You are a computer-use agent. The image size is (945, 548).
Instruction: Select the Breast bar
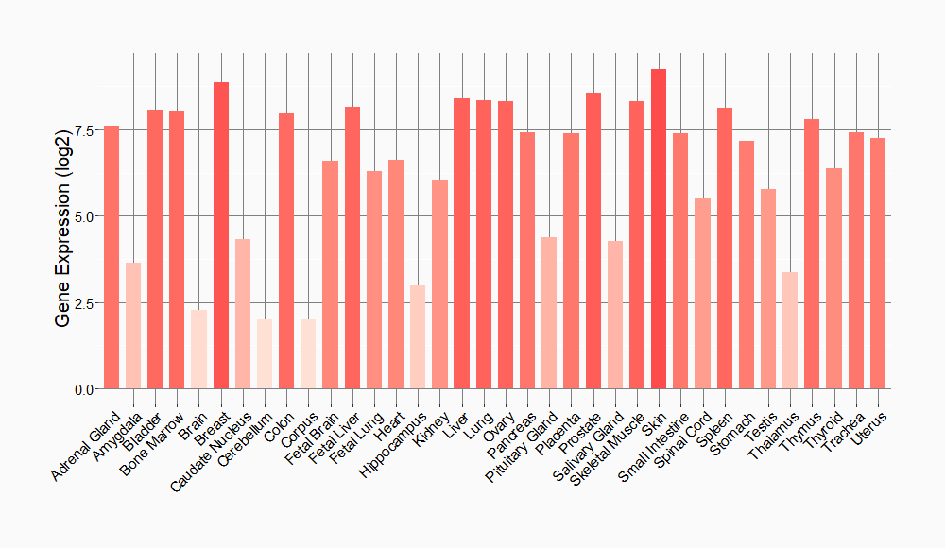pyautogui.click(x=221, y=235)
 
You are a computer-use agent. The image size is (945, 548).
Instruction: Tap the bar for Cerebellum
pyautogui.click(x=265, y=354)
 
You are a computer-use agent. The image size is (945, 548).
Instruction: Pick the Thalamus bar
pyautogui.click(x=790, y=331)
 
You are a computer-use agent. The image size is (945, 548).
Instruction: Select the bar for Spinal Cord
pyautogui.click(x=702, y=294)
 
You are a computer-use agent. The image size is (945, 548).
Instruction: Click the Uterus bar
pyautogui.click(x=878, y=264)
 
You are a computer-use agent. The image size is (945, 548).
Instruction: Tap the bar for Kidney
pyautogui.click(x=439, y=284)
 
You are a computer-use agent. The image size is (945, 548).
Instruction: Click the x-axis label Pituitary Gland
pyautogui.click(x=521, y=447)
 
